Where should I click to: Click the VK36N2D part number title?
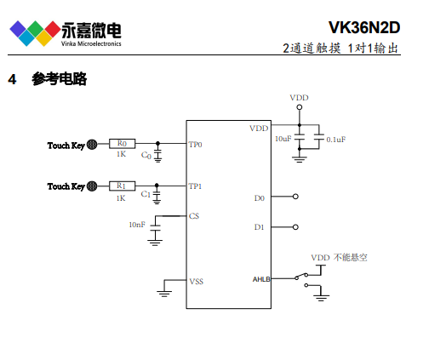364,27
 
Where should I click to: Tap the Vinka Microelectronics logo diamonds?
35,33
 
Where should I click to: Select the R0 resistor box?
122,144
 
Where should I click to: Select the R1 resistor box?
122,186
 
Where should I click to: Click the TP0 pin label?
195,145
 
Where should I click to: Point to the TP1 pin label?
195,186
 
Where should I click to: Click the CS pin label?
194,216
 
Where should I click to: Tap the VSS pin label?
197,282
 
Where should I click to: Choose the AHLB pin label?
261,279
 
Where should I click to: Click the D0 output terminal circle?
295,197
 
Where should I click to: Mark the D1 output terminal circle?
295,227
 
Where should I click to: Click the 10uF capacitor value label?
283,139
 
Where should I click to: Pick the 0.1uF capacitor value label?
336,140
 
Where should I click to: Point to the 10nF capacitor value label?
137,225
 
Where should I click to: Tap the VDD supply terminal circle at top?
300,107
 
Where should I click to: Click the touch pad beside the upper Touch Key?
92,145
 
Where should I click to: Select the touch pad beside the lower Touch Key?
92,186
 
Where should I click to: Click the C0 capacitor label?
146,155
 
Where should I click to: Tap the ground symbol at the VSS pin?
164,294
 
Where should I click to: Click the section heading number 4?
12,79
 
